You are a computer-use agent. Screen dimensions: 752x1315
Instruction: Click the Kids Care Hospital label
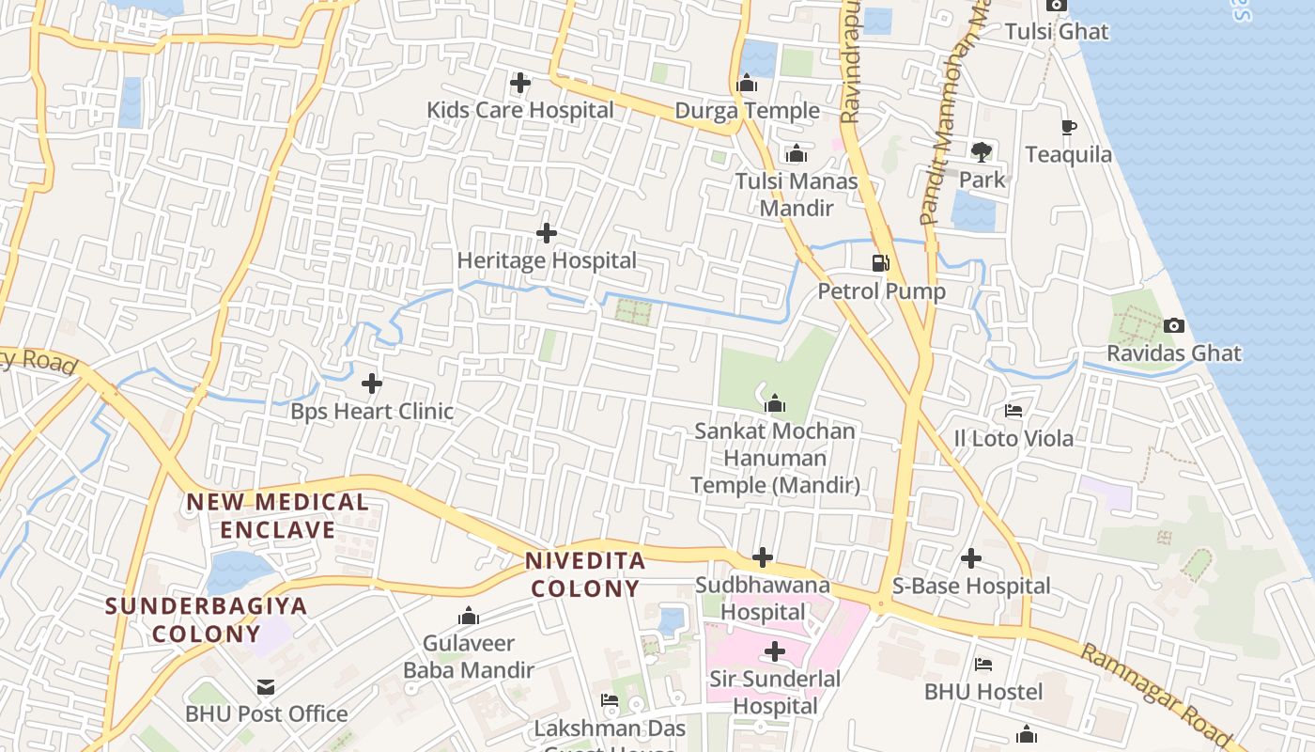(520, 110)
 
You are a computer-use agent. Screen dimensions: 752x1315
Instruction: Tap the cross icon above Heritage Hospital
(546, 232)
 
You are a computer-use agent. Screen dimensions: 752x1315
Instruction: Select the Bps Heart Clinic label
(372, 411)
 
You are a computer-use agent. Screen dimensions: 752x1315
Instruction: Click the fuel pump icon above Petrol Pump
(880, 262)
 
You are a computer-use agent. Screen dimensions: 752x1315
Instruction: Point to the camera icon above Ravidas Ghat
(1173, 325)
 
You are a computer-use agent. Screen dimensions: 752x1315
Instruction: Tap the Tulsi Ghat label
(1057, 31)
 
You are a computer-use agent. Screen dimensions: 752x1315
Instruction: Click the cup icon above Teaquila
(1068, 127)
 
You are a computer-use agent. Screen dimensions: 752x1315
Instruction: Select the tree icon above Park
(982, 151)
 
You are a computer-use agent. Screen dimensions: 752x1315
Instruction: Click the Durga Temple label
(748, 111)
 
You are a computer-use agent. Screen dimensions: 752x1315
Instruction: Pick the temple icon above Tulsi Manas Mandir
(797, 153)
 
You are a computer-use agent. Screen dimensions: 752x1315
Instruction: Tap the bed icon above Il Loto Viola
(1013, 411)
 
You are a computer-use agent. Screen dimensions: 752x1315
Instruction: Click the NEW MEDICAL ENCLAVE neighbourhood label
(277, 515)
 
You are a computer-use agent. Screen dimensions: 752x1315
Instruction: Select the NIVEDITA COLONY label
(584, 575)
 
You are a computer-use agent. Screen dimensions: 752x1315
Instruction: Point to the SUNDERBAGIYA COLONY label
(206, 619)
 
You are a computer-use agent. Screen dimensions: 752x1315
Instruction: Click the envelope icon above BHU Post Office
(266, 687)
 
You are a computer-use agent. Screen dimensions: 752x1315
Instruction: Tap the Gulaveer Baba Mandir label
(468, 657)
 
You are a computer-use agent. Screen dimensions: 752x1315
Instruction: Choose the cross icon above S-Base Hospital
(971, 558)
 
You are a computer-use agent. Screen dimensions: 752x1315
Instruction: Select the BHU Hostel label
(983, 692)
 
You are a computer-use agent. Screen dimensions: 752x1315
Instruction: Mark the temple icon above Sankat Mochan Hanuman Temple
(775, 404)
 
